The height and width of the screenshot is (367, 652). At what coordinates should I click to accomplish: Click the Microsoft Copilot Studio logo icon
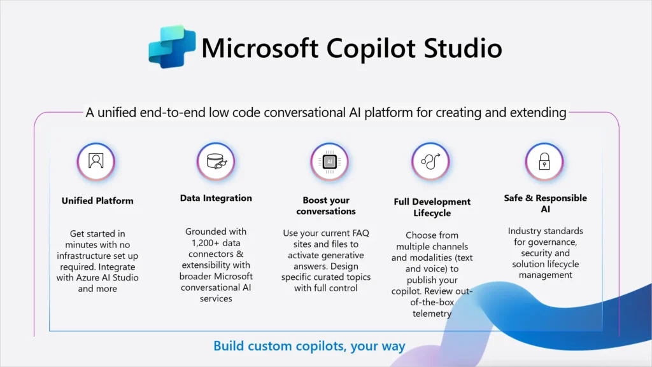pyautogui.click(x=171, y=47)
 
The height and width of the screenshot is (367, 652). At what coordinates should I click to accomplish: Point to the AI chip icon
pyautogui.click(x=329, y=162)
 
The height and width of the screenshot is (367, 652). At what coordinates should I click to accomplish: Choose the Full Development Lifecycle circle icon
pyautogui.click(x=430, y=161)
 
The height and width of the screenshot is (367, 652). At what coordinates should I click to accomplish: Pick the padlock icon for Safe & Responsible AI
pyautogui.click(x=543, y=162)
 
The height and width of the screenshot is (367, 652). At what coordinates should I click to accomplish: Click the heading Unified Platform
pyautogui.click(x=97, y=200)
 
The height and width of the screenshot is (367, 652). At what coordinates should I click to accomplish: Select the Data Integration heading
pyautogui.click(x=216, y=198)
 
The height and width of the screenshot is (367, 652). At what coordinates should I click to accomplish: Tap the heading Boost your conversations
pyautogui.click(x=326, y=205)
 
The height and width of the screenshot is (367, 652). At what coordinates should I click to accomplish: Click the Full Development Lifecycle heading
pyautogui.click(x=432, y=207)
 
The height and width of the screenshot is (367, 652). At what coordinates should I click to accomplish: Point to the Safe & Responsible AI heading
pyautogui.click(x=544, y=203)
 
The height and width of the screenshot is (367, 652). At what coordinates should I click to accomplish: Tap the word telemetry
pyautogui.click(x=432, y=314)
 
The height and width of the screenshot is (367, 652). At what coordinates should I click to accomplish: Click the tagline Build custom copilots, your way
pyautogui.click(x=309, y=347)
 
